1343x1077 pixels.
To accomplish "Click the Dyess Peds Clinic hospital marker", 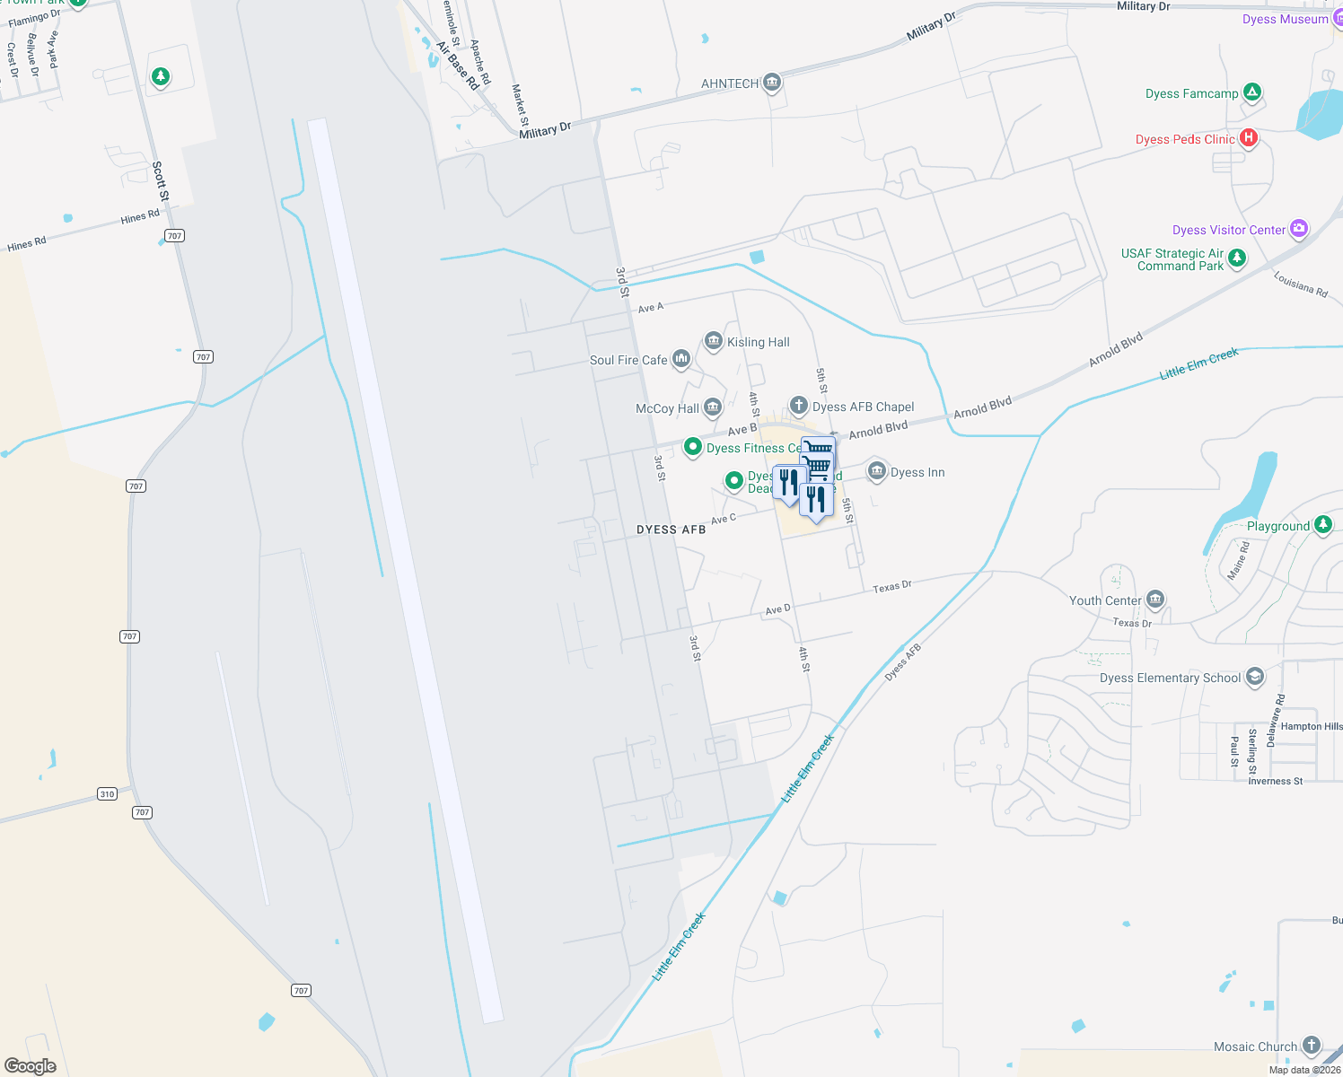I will (x=1248, y=138).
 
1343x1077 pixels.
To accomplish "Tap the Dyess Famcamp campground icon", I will (x=1252, y=92).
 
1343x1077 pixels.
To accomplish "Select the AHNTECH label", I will (x=729, y=83).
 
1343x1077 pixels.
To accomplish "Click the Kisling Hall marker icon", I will (x=714, y=341).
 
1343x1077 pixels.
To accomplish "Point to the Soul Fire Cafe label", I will (x=628, y=360).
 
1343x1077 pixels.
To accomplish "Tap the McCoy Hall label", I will (x=667, y=408).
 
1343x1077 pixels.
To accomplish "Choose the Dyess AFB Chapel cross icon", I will (x=798, y=406).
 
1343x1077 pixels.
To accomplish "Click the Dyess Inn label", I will (x=917, y=472).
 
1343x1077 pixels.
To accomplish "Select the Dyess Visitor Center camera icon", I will (x=1299, y=229).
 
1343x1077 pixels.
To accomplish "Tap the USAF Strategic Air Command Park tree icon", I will (x=1237, y=258).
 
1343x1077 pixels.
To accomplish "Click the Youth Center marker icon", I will (x=1155, y=600).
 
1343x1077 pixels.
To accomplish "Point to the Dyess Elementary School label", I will (x=1170, y=678).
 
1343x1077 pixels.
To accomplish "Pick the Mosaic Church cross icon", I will (x=1312, y=1046).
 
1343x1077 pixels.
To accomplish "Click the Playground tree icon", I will (x=1323, y=525).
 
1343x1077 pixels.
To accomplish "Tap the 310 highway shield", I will (x=108, y=793).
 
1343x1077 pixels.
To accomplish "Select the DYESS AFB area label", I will (x=671, y=530).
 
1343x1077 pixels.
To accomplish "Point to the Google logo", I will (x=31, y=1066).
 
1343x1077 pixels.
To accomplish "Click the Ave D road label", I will (x=777, y=609).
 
